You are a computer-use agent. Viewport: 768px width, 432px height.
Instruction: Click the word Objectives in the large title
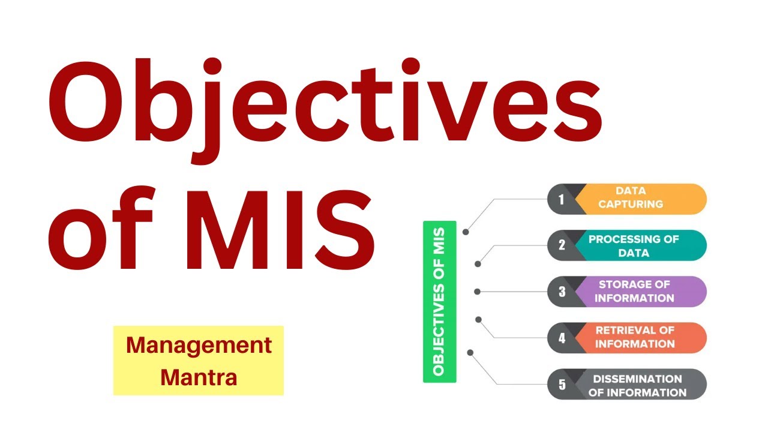324,108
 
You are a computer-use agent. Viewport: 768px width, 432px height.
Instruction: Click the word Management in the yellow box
199,346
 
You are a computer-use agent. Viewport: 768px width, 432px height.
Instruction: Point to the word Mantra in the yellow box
199,377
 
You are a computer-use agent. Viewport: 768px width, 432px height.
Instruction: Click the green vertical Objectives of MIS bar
439,302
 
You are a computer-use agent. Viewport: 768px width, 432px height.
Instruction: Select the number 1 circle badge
562,199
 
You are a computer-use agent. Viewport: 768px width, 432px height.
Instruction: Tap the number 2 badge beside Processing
562,245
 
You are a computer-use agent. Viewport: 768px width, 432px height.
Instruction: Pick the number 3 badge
562,292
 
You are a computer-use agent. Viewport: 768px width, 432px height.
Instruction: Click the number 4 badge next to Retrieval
562,338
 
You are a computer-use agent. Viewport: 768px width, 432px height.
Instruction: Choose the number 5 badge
562,384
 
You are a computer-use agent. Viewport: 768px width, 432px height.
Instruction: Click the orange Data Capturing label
639,198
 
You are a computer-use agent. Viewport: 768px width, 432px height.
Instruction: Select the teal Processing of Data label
639,245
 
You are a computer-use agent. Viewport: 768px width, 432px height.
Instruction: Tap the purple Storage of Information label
639,291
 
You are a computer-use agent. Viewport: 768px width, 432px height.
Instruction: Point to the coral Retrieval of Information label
639,337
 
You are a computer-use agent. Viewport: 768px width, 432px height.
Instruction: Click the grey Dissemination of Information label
639,385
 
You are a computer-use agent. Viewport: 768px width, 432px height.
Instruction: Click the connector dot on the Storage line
477,292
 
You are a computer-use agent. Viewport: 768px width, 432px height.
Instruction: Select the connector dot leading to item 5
470,352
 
